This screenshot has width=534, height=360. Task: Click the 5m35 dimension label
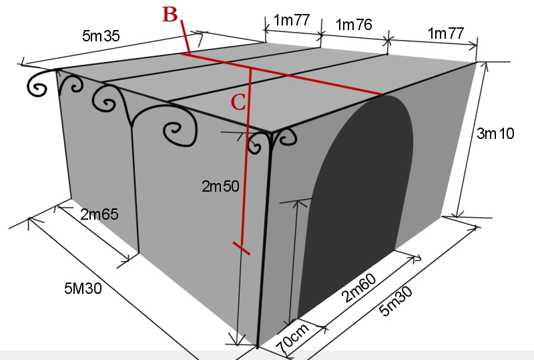pos(101,37)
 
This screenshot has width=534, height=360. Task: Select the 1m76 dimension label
pos(354,25)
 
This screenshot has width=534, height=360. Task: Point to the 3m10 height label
pos(495,133)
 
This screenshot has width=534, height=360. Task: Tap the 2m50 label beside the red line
pos(220,186)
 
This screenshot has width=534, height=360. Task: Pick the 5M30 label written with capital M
pos(83,289)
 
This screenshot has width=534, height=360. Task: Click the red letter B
pos(170,15)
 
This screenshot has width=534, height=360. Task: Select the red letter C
pos(239,102)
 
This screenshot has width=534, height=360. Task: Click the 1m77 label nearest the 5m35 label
pos(292,20)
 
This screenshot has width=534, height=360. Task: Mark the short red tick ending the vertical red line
pos(241,248)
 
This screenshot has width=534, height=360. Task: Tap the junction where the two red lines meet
pos(250,67)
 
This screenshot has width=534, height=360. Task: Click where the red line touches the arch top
pos(382,95)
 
